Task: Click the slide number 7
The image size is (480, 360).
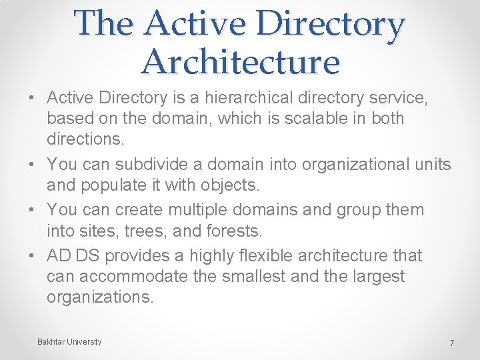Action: (x=452, y=343)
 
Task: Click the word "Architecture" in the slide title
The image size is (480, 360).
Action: (x=240, y=62)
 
